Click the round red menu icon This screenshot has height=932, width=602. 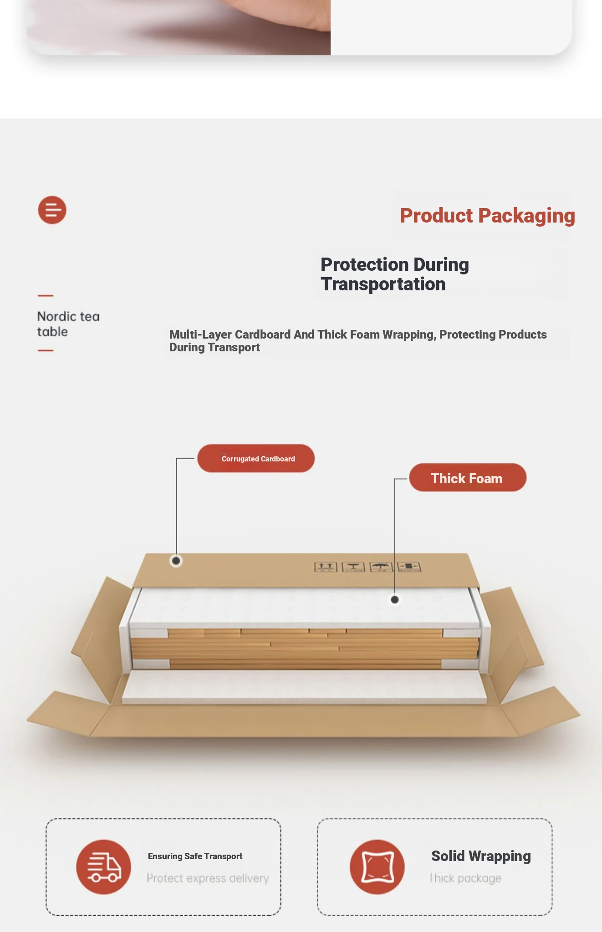click(x=52, y=210)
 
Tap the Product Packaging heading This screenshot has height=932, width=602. click(x=487, y=216)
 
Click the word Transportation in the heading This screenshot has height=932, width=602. click(x=383, y=284)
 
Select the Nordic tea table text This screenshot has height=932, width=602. click(x=68, y=324)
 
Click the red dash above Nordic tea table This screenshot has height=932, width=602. click(x=46, y=296)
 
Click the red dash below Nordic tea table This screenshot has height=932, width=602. click(x=46, y=350)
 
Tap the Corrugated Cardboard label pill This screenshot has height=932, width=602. click(x=256, y=458)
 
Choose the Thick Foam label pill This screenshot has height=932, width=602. click(x=468, y=477)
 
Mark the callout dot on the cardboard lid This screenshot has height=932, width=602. click(x=176, y=561)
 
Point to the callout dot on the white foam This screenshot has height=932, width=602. click(x=395, y=600)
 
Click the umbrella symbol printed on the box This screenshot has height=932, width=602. click(x=381, y=567)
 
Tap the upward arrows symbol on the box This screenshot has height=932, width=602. click(x=326, y=567)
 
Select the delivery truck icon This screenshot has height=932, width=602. click(x=104, y=867)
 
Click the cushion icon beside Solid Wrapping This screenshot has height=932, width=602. click(x=377, y=867)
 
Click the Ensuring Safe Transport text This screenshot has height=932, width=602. click(x=195, y=856)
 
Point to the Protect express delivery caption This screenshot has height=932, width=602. click(x=208, y=878)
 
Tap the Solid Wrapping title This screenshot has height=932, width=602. click(x=481, y=856)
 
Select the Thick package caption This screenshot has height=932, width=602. click(x=465, y=878)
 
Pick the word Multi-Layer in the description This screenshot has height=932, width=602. click(x=201, y=334)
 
